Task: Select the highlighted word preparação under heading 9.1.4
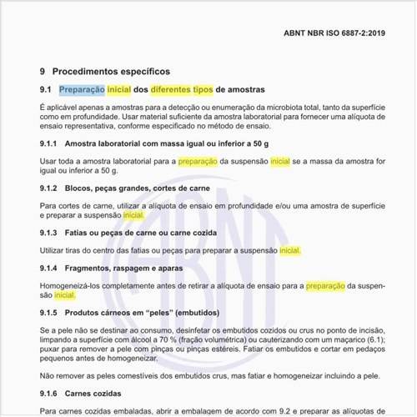point(325,285)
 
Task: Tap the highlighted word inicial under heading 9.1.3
point(289,249)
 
